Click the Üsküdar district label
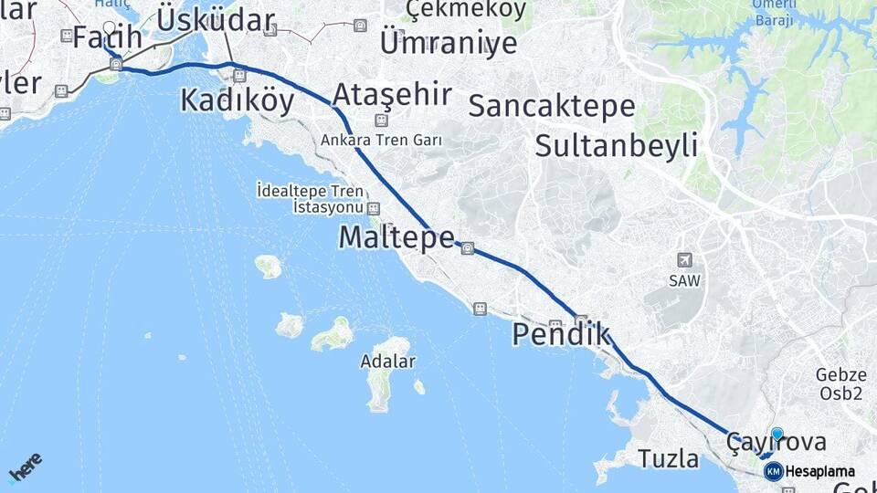coord(216,20)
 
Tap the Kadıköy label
coord(237,100)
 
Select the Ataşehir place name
coord(392,93)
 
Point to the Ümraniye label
coord(448,42)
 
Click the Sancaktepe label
coord(551,106)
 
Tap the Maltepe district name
coord(396,237)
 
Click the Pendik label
coord(560,334)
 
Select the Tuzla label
coord(669,458)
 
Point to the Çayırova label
coord(776,443)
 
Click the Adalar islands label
coord(387,362)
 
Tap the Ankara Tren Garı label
coord(381,141)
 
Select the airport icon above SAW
coord(684,261)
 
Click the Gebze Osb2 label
coord(840,384)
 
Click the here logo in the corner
coord(25,467)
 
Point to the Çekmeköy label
coord(466,9)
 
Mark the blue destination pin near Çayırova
coord(777,435)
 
